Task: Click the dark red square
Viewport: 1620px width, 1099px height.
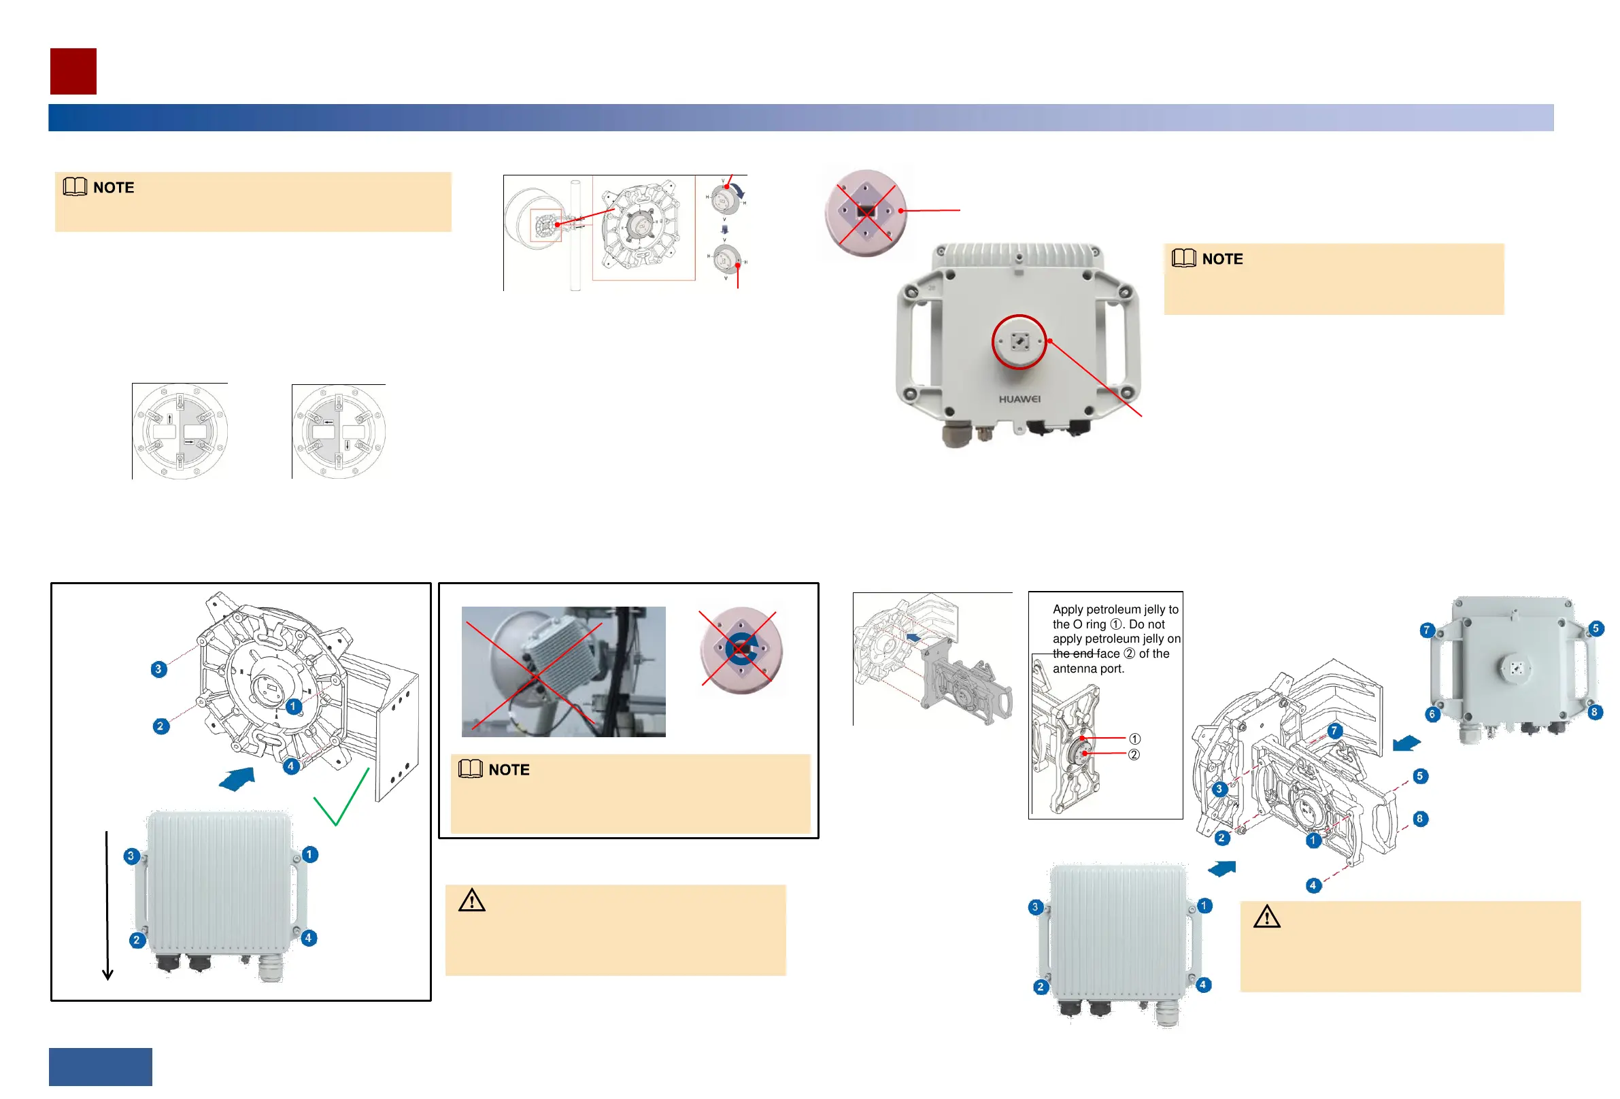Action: click(73, 71)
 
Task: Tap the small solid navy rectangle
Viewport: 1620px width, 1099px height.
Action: click(101, 1066)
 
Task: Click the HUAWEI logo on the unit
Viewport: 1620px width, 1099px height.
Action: click(1019, 399)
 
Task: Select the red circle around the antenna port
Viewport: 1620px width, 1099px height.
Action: click(1019, 341)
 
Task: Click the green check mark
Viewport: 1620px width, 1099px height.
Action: click(341, 798)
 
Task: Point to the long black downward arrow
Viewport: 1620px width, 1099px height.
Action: click(107, 906)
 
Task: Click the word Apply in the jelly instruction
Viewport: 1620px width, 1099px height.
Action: click(1067, 609)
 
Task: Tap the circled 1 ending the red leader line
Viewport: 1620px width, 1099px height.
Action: click(1135, 739)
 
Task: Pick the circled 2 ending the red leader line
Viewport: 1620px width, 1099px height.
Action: click(1134, 755)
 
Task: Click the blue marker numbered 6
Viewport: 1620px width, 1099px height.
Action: click(1432, 714)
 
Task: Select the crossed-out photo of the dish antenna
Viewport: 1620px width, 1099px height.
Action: click(563, 672)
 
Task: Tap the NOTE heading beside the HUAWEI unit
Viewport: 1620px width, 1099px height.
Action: click(1222, 259)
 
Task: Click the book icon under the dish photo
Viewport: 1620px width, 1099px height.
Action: click(471, 768)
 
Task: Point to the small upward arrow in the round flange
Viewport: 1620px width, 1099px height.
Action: click(170, 419)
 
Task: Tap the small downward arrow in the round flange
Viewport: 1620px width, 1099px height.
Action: click(347, 445)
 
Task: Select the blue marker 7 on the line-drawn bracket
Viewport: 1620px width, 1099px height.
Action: click(1334, 731)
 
